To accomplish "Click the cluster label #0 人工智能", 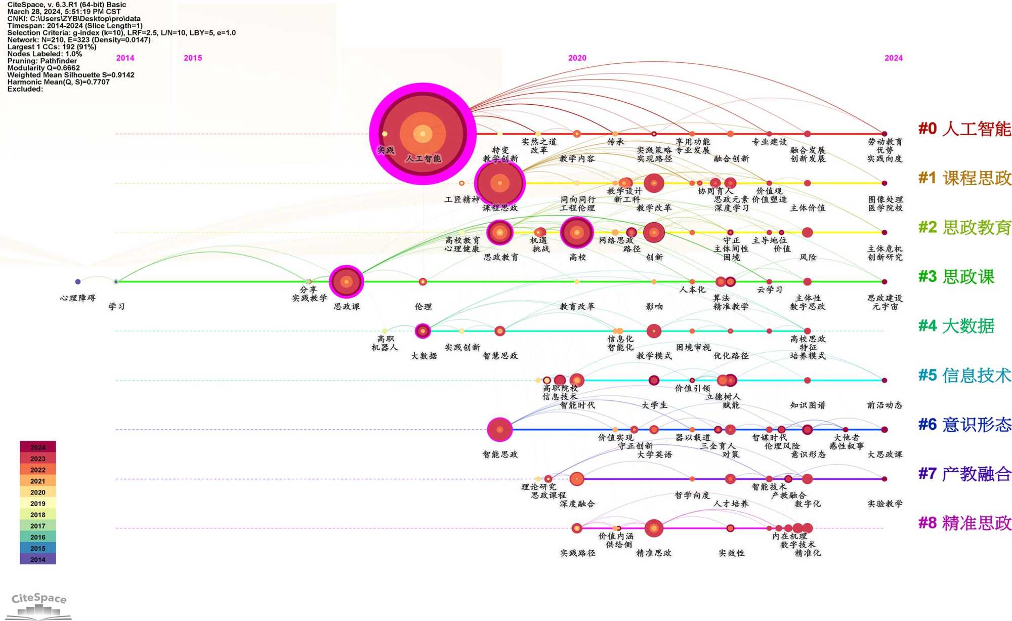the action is [x=964, y=129].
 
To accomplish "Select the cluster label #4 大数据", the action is [x=956, y=326].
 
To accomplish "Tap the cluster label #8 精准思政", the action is [x=964, y=523].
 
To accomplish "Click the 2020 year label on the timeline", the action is [x=577, y=58].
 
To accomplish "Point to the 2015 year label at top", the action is [x=193, y=58].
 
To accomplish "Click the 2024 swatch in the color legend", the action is [x=38, y=447].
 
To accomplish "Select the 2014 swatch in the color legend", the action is [x=38, y=559].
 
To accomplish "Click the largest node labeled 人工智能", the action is [x=423, y=134].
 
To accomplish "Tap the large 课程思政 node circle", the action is [x=500, y=183].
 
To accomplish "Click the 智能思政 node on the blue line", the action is [x=499, y=430].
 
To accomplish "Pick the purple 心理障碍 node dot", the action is [x=77, y=281].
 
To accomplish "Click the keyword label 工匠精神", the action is [x=461, y=199].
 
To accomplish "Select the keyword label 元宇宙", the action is [x=884, y=306].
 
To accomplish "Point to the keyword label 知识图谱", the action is [x=808, y=405].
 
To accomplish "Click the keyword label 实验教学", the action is [x=884, y=504].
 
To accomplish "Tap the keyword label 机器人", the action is [x=385, y=347].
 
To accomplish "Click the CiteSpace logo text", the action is [x=39, y=598].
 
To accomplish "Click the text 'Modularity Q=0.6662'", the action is [x=44, y=68].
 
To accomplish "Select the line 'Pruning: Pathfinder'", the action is [x=42, y=61].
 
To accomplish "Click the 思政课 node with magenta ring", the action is [x=346, y=281].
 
